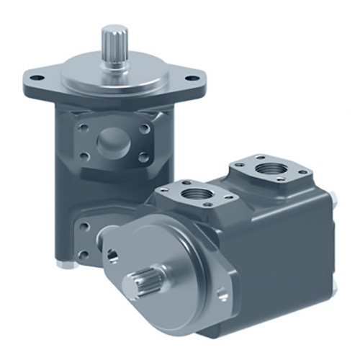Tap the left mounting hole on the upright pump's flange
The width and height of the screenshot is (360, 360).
34,75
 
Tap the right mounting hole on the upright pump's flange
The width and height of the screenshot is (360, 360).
193,76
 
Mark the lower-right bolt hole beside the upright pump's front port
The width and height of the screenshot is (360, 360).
144,156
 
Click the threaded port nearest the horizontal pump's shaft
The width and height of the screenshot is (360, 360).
196,194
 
